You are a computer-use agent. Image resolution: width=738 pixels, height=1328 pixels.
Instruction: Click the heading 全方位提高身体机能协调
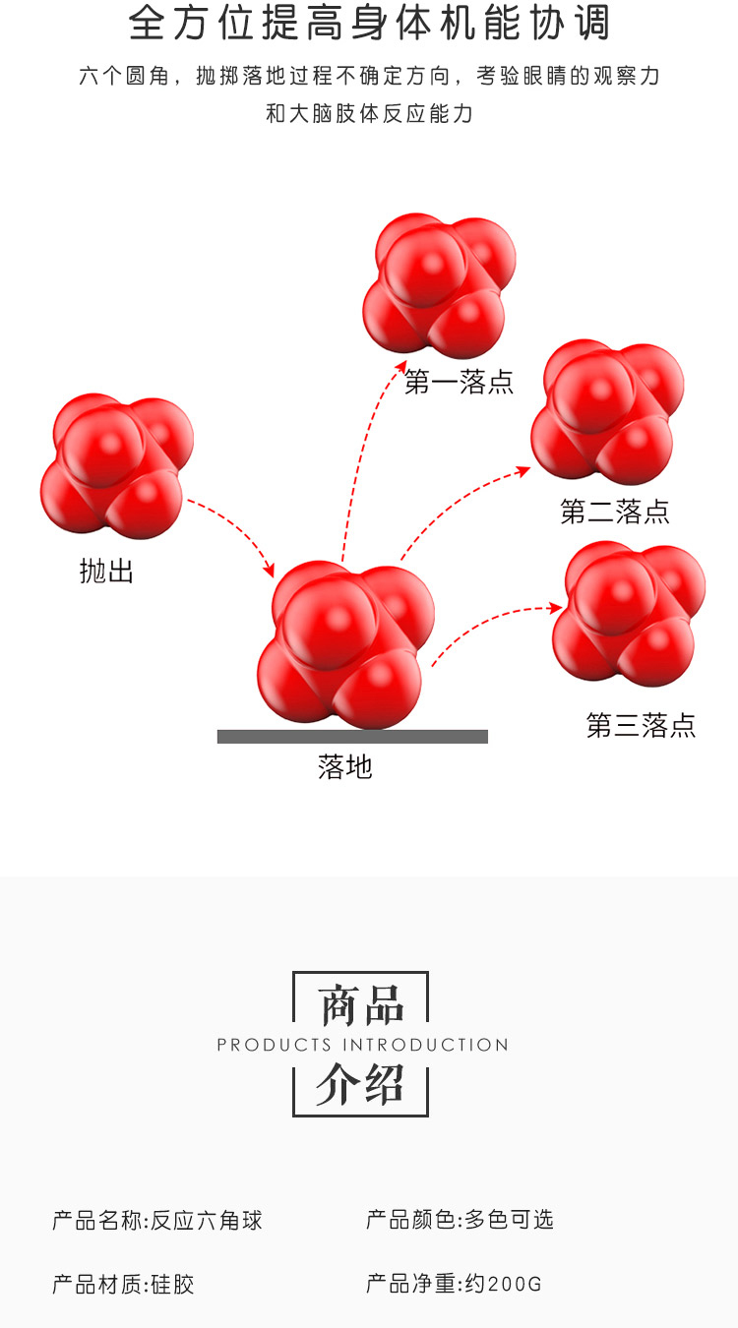click(369, 24)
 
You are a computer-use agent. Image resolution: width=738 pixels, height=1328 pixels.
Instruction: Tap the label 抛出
click(106, 572)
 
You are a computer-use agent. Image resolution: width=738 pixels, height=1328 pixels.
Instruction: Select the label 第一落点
click(459, 382)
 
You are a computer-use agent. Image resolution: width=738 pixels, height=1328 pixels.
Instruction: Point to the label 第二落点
click(614, 512)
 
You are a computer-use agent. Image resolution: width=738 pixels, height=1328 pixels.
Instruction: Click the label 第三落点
click(641, 726)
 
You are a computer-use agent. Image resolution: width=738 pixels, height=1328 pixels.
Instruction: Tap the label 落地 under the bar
click(345, 766)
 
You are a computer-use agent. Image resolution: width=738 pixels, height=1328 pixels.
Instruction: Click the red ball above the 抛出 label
click(116, 465)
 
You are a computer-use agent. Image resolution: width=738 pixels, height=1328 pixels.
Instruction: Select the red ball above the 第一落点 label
click(439, 285)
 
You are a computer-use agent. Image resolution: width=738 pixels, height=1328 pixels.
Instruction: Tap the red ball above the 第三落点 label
click(629, 613)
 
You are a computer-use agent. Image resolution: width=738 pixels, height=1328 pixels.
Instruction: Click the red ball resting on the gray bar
click(344, 644)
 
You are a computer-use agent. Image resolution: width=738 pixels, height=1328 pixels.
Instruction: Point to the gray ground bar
click(352, 737)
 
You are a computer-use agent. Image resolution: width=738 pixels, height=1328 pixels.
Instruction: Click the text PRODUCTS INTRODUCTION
click(362, 1045)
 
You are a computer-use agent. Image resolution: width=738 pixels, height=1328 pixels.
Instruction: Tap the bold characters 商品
click(361, 1005)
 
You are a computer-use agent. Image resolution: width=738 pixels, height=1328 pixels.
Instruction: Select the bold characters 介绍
click(360, 1084)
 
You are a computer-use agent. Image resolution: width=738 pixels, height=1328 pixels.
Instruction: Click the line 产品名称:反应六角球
click(157, 1221)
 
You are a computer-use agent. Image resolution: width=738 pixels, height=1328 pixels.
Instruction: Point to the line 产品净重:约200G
click(454, 1284)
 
